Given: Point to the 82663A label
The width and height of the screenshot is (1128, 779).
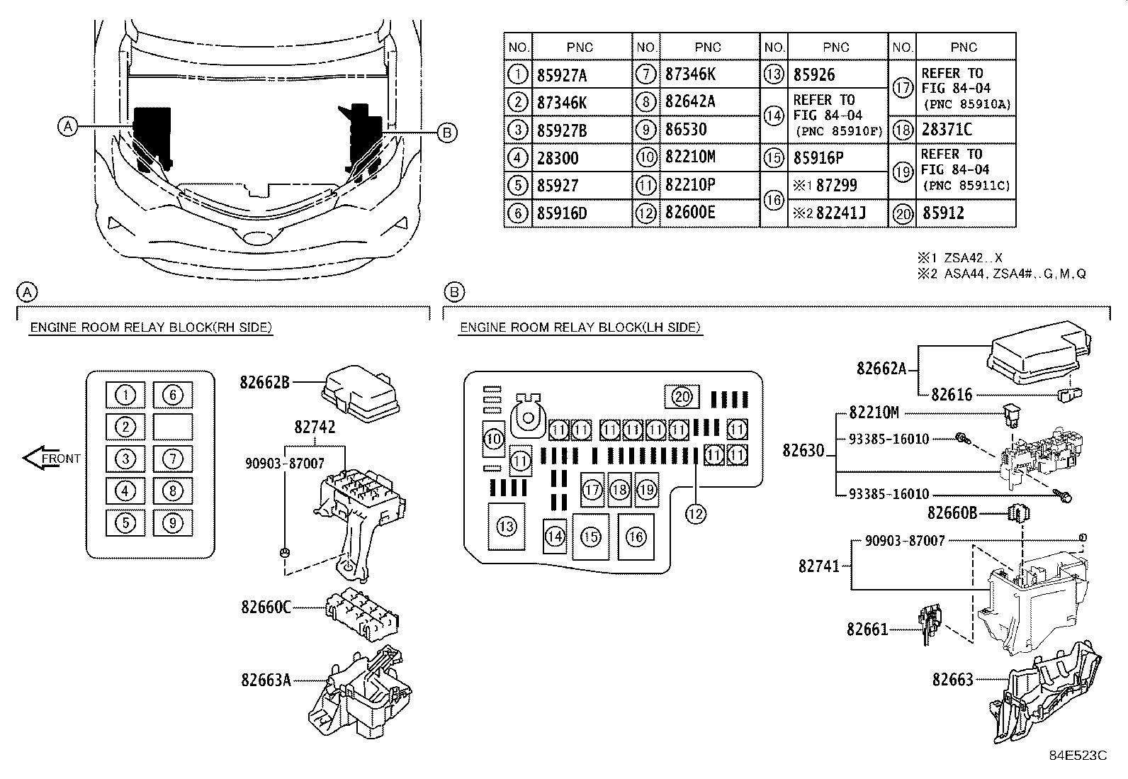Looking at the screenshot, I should point(266,680).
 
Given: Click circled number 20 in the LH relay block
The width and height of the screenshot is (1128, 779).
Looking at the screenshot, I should point(682,397).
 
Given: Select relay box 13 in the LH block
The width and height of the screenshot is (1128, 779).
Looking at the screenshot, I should point(506,527).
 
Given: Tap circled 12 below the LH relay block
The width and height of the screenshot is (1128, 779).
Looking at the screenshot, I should point(695,513).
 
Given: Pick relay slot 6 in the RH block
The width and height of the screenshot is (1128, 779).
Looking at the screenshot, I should point(173,395).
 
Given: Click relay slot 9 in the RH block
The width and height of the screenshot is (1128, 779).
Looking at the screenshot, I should point(173,523).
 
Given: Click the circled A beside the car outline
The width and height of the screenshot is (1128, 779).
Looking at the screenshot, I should point(67,127).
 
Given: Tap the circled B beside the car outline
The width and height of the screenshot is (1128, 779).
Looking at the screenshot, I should point(446,133).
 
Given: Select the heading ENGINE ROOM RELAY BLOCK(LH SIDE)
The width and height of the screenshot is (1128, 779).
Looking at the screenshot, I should point(580,327).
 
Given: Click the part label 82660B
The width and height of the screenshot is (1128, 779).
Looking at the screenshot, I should point(952,512).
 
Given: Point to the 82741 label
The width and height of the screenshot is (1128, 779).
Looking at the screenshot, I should point(818,566).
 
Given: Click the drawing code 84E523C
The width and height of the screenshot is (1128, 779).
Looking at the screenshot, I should point(1078,756).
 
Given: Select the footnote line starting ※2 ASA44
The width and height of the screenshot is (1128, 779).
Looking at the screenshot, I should point(1000,274).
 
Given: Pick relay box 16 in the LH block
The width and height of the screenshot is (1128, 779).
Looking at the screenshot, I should point(636,537).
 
